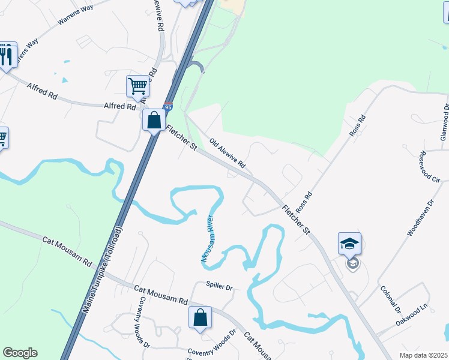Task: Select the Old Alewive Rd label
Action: (x=228, y=154)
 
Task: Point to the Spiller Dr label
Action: (x=218, y=287)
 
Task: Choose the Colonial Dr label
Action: (x=390, y=299)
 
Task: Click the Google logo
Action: (x=20, y=353)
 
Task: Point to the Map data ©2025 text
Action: (x=423, y=355)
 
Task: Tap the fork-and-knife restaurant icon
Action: (x=6, y=56)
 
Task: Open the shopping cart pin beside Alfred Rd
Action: (x=137, y=87)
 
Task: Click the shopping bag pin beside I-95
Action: (x=154, y=120)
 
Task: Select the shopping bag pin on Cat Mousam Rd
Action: (x=200, y=318)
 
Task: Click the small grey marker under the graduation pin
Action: (x=352, y=264)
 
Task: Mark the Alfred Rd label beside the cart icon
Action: (x=120, y=106)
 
